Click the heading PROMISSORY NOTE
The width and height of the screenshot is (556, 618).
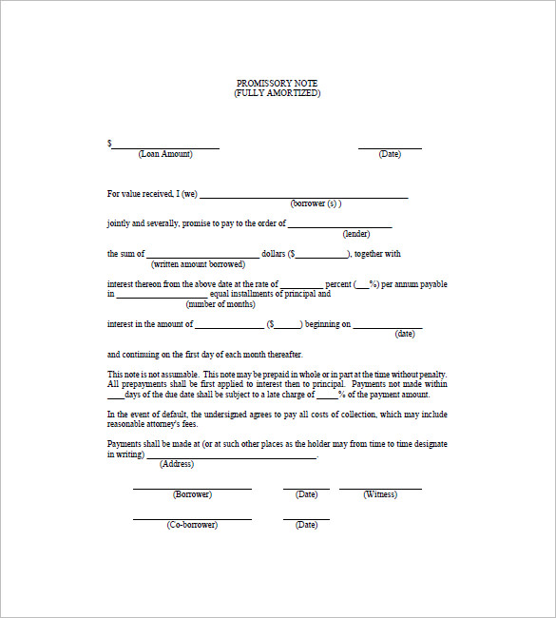coord(278,84)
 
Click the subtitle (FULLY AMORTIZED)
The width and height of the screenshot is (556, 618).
coord(278,93)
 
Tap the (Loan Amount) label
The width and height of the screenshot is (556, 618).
coord(165,154)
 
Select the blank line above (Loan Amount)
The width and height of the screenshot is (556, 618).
coord(166,147)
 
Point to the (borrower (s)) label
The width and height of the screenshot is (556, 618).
coord(316,203)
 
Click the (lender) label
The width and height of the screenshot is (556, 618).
coord(356,233)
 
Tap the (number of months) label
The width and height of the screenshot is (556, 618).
coord(220,304)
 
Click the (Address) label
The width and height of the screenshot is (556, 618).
coord(177,464)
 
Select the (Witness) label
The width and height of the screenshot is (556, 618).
coord(380,494)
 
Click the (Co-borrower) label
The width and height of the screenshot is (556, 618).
coord(192,525)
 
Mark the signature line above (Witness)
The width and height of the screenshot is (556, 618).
coord(380,488)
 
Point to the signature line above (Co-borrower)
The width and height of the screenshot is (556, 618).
coord(192,518)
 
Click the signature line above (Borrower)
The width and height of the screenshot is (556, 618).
coord(192,488)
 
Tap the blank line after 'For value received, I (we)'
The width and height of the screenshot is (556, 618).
coord(303,197)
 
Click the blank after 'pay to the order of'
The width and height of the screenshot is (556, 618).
coord(339,226)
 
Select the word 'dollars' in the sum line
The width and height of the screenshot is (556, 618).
coord(274,254)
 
